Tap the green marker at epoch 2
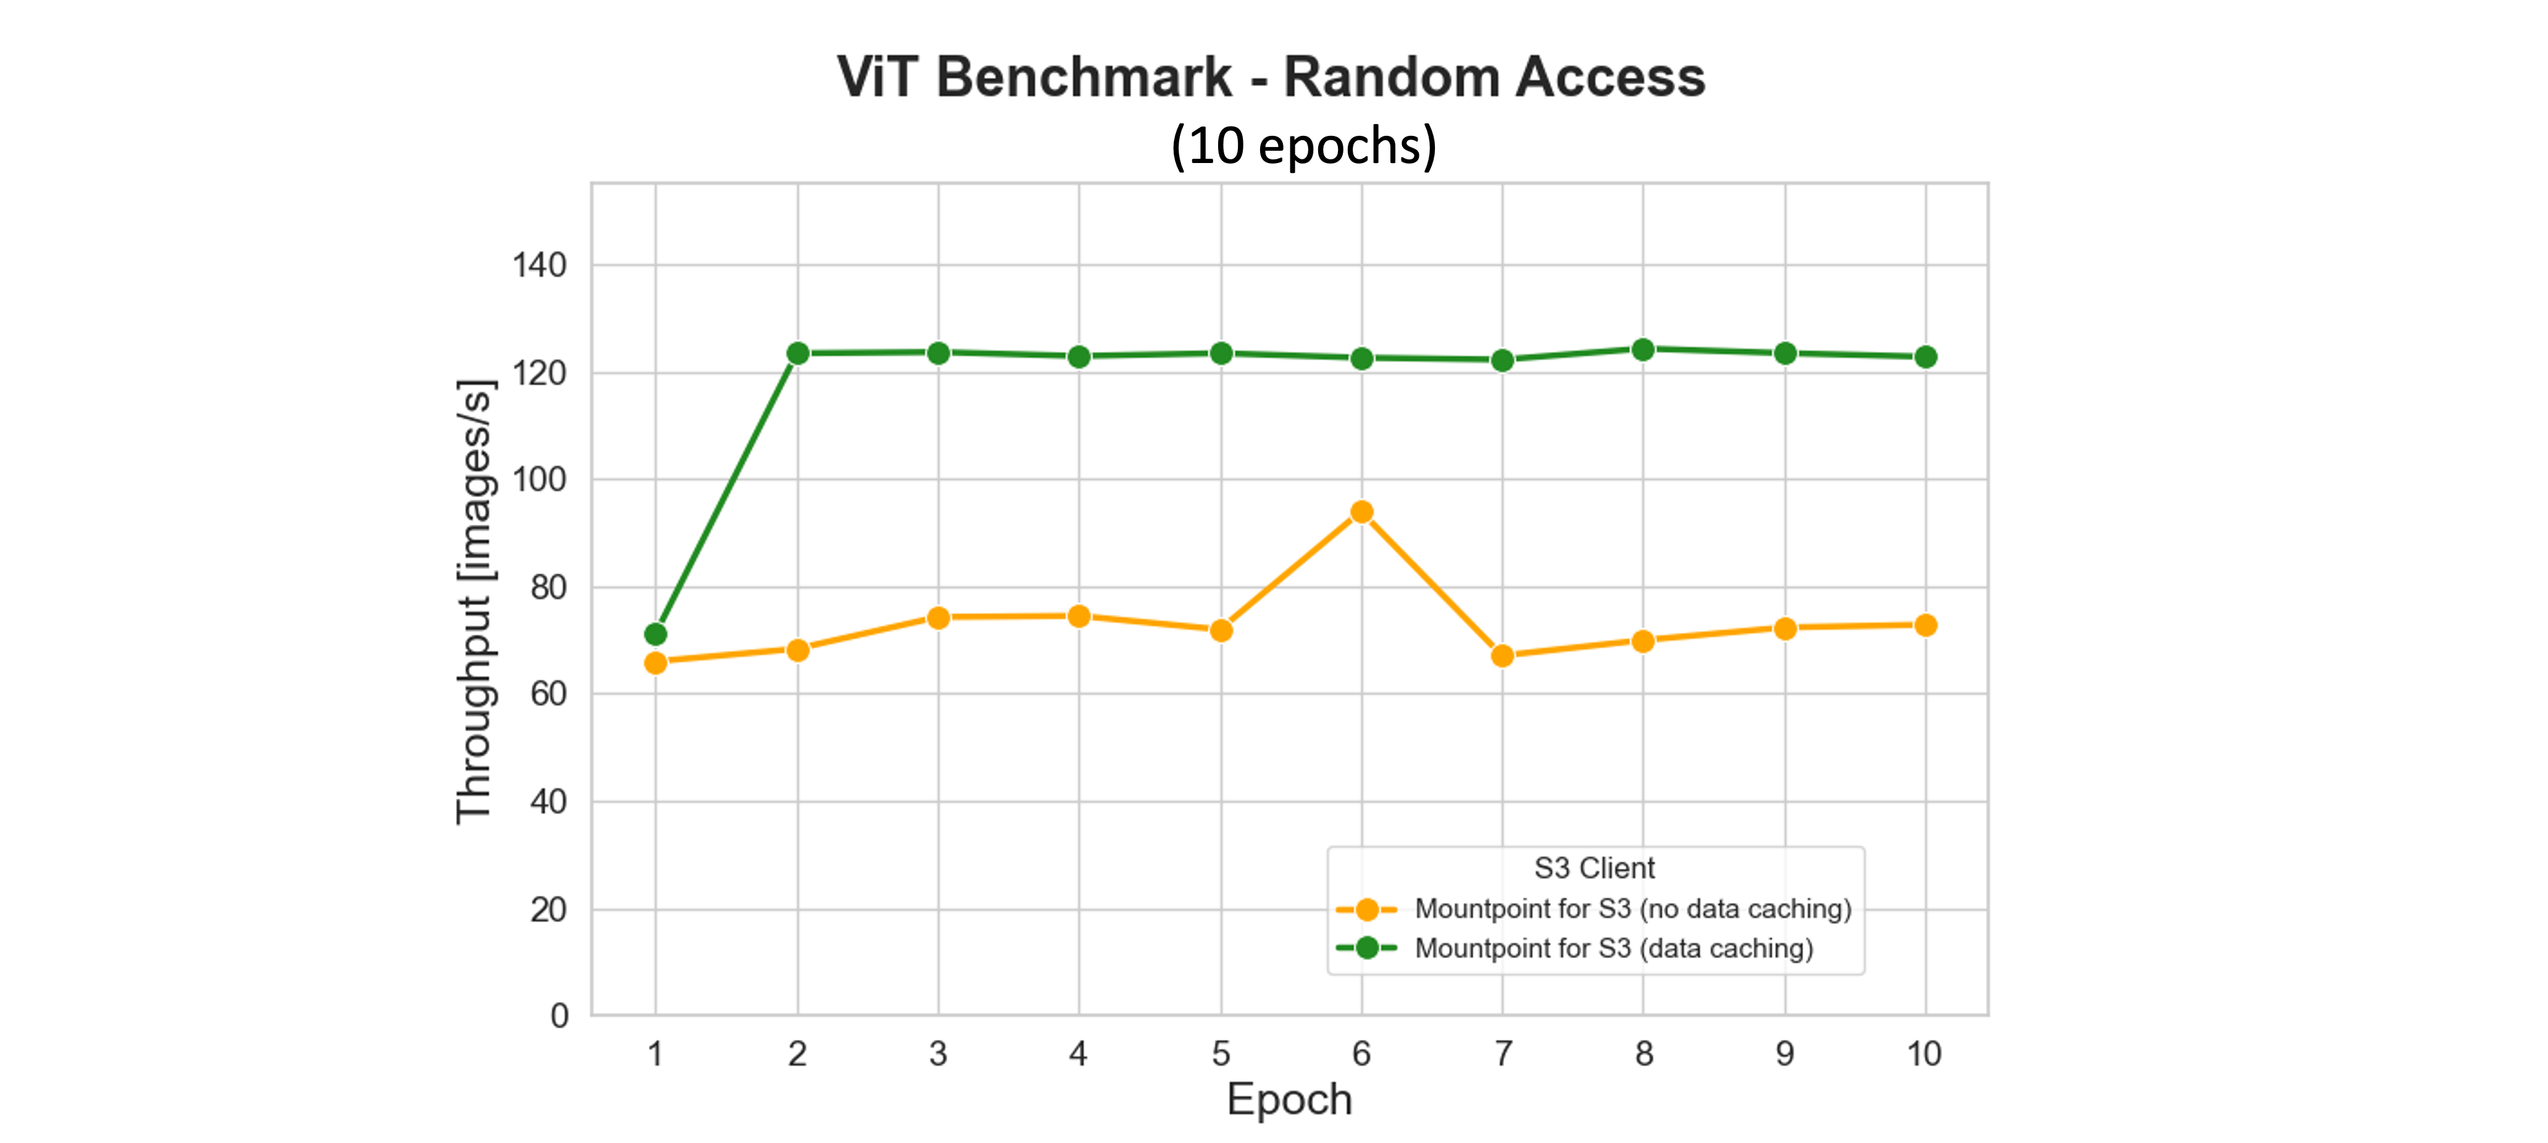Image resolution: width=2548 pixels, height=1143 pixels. pos(797,353)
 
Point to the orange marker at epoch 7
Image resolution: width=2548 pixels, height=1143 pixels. pos(1502,656)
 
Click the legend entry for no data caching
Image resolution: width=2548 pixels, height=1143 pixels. pos(1632,909)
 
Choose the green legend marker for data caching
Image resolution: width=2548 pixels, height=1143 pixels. pos(1367,948)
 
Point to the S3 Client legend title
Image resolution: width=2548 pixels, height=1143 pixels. pos(1594,868)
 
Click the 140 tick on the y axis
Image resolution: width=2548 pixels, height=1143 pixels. pos(539,265)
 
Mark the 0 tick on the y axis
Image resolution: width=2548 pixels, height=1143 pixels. pos(559,1015)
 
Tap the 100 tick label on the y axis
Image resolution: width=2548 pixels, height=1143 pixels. pos(539,480)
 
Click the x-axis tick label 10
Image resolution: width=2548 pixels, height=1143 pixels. pos(1924,1054)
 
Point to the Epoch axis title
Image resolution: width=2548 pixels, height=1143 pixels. pos(1289,1100)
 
